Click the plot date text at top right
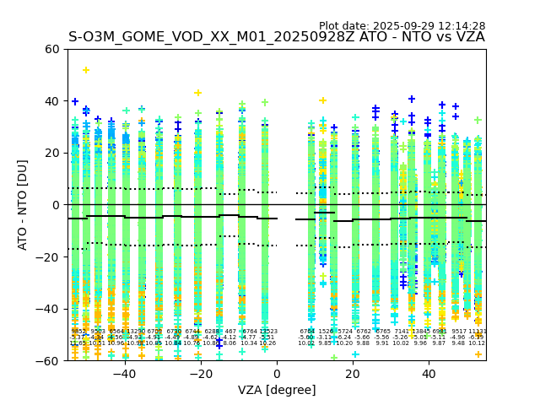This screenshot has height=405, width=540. click(x=402, y=26)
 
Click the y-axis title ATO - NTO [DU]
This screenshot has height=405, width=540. click(x=23, y=205)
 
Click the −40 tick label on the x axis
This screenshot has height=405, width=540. click(x=124, y=374)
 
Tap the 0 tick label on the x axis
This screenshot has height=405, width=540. click(x=277, y=374)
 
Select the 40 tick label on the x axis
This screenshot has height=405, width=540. click(x=429, y=374)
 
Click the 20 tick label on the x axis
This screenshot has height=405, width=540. click(x=353, y=374)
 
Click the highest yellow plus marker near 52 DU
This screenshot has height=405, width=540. click(x=86, y=70)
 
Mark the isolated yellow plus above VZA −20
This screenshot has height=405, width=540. click(x=198, y=93)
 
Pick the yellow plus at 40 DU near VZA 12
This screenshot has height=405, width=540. click(x=322, y=100)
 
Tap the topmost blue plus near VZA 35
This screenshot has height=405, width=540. click(x=412, y=100)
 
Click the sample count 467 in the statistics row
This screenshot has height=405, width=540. click(x=230, y=332)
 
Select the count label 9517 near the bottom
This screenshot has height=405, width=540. click(x=459, y=332)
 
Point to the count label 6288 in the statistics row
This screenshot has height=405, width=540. click(x=212, y=332)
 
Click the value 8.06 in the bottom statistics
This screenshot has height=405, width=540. click(x=229, y=343)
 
